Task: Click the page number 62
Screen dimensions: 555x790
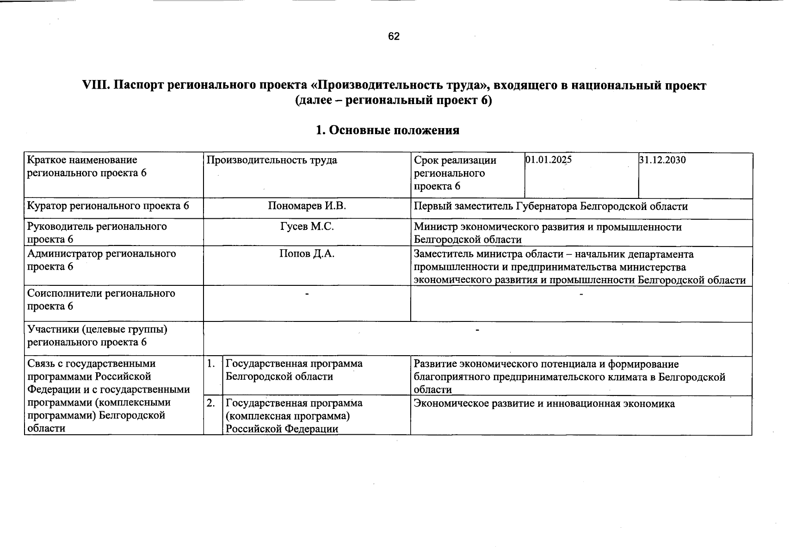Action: point(394,37)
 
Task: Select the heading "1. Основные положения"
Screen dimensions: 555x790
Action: point(387,130)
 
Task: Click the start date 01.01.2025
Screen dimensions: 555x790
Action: point(549,160)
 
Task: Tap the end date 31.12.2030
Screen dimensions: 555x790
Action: point(662,160)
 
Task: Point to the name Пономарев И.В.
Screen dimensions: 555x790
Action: point(307,206)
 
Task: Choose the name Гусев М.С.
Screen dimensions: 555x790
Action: point(307,227)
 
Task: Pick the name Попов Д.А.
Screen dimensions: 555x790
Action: point(307,254)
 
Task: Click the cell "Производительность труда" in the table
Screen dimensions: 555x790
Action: point(272,160)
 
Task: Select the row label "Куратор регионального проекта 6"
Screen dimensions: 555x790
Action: point(108,206)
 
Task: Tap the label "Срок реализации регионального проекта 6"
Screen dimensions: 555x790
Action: point(455,173)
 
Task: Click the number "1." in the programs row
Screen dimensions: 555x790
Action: point(211,364)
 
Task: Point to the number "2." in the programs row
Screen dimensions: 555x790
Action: point(211,403)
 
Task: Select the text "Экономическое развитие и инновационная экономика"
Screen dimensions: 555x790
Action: point(544,404)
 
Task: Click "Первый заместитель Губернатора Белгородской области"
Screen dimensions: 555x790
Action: point(550,207)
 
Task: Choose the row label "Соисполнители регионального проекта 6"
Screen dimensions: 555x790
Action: point(101,300)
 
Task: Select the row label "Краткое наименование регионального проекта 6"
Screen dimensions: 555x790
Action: point(87,166)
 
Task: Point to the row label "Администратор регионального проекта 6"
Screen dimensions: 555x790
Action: point(101,260)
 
